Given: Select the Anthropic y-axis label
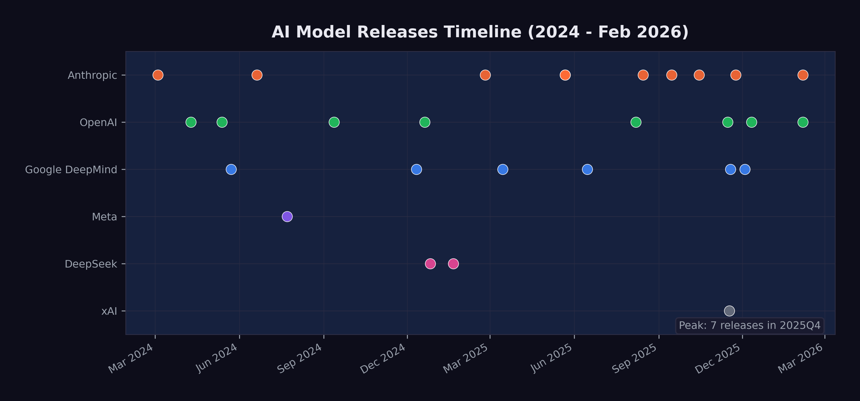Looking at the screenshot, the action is coord(92,75).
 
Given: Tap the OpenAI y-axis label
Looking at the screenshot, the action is coord(98,123).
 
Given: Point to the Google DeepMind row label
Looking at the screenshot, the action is coord(71,170).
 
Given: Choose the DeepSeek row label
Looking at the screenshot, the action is coord(91,264).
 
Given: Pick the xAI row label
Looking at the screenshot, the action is coord(109,311).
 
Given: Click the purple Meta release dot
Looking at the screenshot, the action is coord(287,217).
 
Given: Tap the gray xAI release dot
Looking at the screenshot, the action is coord(729,311).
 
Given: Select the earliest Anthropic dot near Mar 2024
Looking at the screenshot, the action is coord(158,75).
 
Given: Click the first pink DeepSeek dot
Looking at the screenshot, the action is coord(430,264).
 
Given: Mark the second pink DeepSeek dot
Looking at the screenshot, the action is coord(453,264).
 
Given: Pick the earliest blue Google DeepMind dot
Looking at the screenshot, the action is coord(231,169).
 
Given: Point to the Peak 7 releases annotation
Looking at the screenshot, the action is coord(750,326).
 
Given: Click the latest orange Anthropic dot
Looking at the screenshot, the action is coord(803,75).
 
